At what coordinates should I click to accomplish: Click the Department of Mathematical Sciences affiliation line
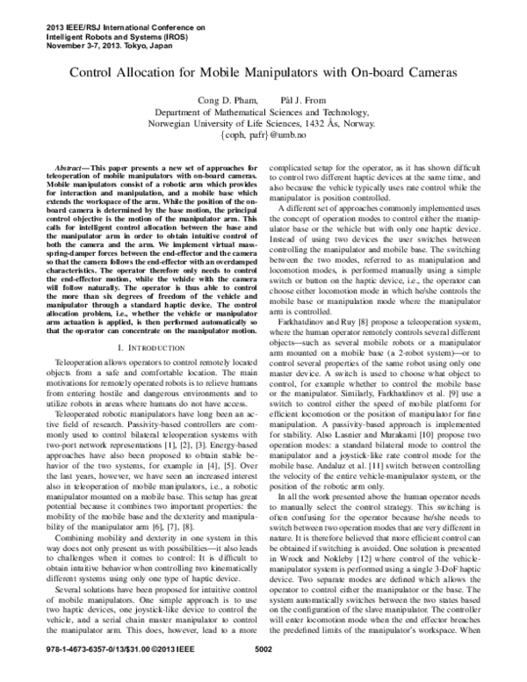tap(263, 112)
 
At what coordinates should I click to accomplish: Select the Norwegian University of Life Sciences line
tap(263, 125)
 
